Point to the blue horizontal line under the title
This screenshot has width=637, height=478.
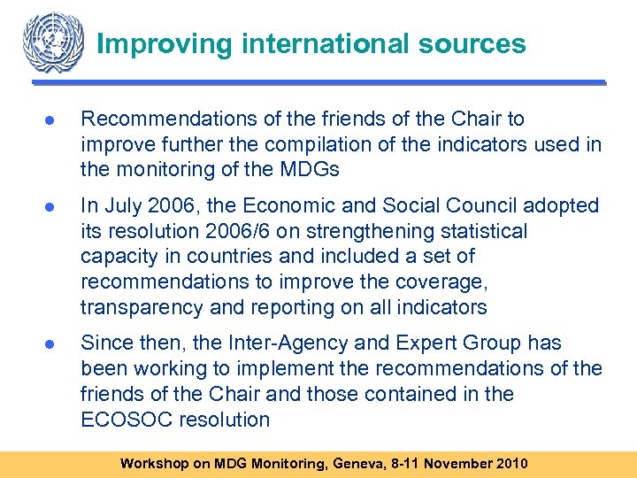tap(318, 83)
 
